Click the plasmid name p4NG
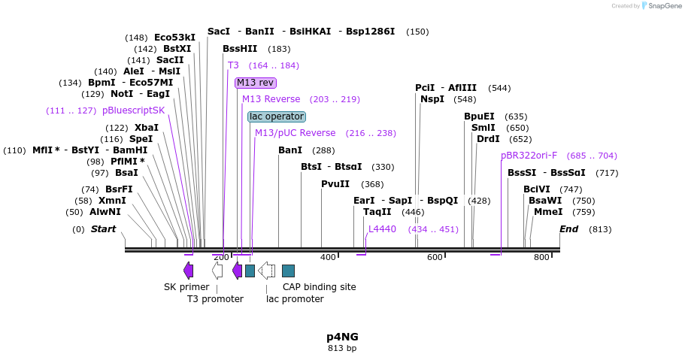point(342,337)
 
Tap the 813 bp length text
point(342,348)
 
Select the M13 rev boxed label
point(256,83)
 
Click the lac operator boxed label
point(277,116)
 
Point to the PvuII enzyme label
point(335,184)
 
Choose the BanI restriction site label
point(290,150)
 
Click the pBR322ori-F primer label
point(529,156)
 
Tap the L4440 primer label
point(382,229)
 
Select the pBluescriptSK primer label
point(133,110)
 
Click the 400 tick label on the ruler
point(328,258)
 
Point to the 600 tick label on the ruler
point(435,258)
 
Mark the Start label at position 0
point(104,229)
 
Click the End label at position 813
point(569,229)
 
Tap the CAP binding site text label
point(319,286)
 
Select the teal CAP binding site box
point(288,271)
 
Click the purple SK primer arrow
point(188,271)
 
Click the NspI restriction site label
point(432,99)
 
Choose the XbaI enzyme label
point(146,128)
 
